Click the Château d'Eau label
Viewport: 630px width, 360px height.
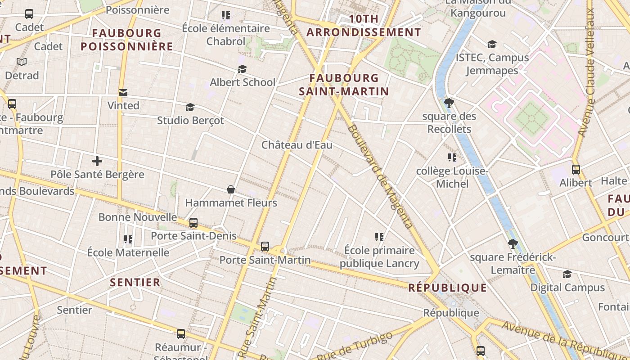[x=297, y=145]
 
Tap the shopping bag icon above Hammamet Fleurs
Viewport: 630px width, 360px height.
[x=231, y=189]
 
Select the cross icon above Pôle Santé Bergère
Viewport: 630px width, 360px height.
[x=97, y=161]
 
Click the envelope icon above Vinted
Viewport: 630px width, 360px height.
[x=123, y=93]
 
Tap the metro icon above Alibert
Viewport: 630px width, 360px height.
[x=576, y=170]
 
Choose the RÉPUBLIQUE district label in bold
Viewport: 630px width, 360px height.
[x=447, y=288]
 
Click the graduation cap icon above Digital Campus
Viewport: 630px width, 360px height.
[x=567, y=274]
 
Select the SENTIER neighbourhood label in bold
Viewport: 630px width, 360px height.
[x=135, y=283]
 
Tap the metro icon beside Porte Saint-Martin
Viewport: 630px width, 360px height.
[x=265, y=247]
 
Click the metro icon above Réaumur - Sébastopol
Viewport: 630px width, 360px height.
[x=181, y=333]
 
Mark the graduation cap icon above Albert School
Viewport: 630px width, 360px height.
[x=243, y=69]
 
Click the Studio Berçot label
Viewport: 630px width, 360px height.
[x=190, y=121]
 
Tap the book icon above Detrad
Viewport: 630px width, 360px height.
[x=22, y=62]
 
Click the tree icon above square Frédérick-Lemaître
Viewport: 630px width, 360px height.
[x=512, y=244]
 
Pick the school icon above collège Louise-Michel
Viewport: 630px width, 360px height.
[x=452, y=157]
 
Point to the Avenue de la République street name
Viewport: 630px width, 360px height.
[x=565, y=340]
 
